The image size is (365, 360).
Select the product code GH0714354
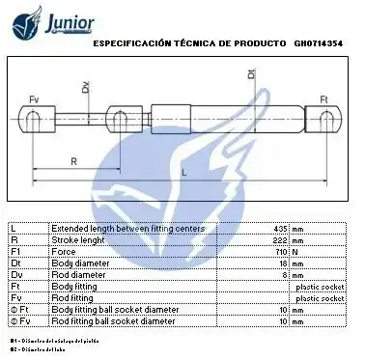click(319, 44)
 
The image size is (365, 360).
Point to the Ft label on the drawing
click(324, 99)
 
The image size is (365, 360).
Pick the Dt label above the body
click(251, 73)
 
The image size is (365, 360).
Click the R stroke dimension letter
click(74, 161)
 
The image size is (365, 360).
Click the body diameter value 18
click(283, 263)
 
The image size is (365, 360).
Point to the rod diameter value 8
click(285, 274)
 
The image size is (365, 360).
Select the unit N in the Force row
click(296, 250)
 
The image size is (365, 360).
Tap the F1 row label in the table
click(14, 250)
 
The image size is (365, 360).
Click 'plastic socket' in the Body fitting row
click(321, 287)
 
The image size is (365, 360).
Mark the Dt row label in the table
click(14, 263)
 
